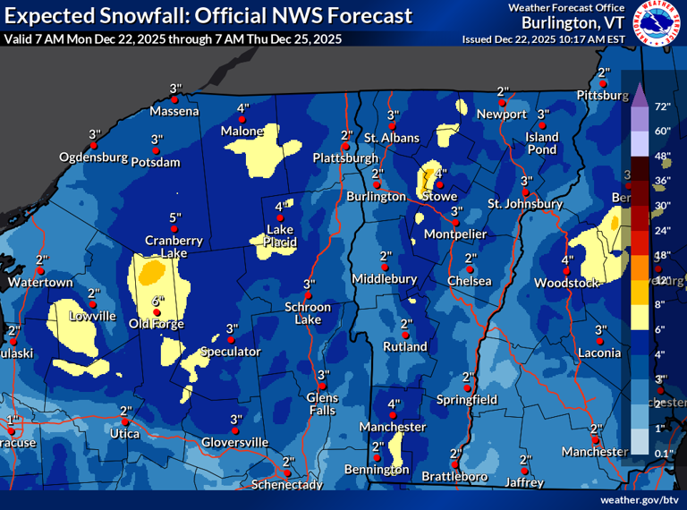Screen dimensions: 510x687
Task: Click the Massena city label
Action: point(174,112)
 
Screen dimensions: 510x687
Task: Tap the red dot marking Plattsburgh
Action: point(344,148)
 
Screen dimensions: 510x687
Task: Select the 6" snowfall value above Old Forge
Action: point(157,302)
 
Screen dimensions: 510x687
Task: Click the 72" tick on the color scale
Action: point(663,106)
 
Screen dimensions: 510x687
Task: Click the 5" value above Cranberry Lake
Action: point(174,217)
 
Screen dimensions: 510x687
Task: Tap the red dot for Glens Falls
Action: point(322,387)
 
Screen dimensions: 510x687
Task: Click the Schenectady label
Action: point(288,484)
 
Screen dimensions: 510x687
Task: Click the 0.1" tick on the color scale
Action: point(663,454)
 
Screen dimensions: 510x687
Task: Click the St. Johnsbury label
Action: point(524,204)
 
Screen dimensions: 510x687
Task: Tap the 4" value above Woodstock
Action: point(566,260)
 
